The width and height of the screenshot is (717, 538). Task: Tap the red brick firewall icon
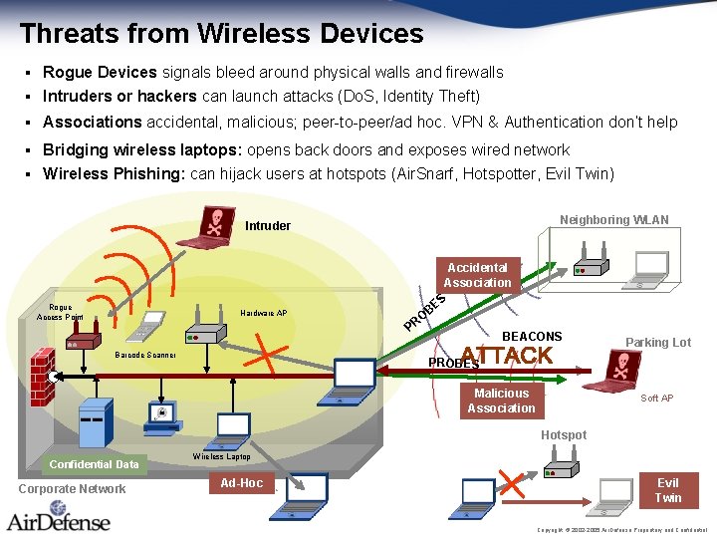pos(41,377)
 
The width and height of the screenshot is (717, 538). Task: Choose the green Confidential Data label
pos(95,464)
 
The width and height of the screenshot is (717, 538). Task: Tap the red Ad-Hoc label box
pos(241,483)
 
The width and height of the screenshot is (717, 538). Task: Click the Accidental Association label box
pos(477,275)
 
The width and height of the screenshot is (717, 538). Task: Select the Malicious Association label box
pos(501,401)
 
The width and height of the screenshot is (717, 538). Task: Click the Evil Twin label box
pos(667,490)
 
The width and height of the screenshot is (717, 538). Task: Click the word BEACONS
pos(532,337)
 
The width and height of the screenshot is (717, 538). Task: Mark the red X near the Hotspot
pos(511,483)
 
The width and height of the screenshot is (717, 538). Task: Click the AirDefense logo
pos(60,520)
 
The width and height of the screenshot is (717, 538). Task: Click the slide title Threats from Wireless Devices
pos(221,33)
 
